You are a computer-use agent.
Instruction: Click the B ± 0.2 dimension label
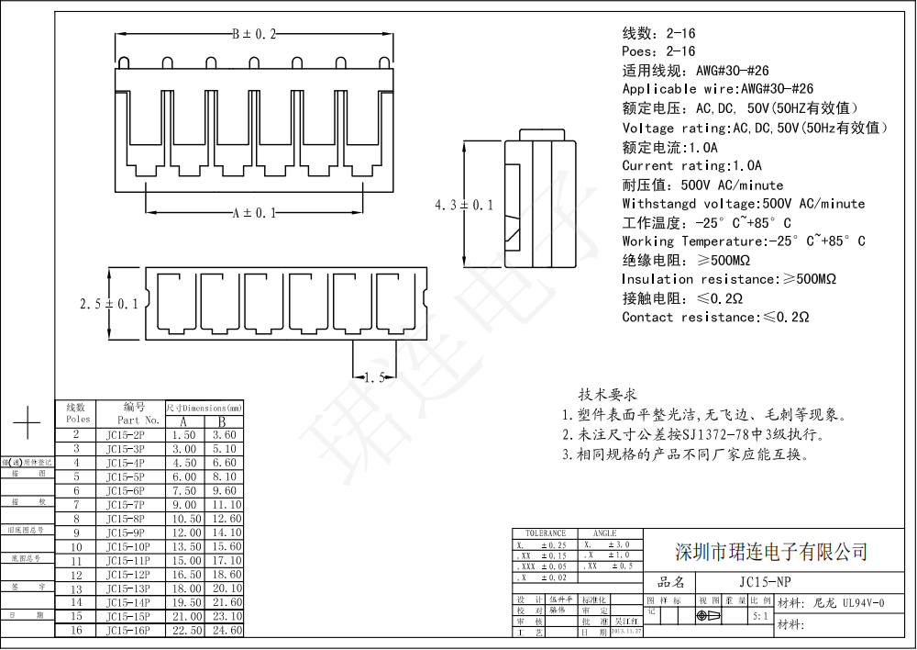253,34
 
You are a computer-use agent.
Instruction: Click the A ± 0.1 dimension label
254,213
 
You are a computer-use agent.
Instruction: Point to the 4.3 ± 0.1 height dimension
464,206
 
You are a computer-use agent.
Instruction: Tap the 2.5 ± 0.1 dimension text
109,304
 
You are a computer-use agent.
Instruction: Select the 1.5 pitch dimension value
374,377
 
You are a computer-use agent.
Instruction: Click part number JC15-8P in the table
126,519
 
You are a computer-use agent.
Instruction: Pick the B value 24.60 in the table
226,630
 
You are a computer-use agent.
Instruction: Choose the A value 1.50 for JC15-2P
184,435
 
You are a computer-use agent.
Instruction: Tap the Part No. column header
138,420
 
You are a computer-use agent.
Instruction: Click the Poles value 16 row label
77,630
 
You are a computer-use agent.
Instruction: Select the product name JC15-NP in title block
766,582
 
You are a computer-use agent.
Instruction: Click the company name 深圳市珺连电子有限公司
771,552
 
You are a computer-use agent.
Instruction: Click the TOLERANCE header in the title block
546,533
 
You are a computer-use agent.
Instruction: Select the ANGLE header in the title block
605,533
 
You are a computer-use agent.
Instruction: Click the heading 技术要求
607,394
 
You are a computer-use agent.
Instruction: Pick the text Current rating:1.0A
691,166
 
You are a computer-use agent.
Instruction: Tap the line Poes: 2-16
658,51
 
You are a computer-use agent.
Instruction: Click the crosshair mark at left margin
28,423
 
